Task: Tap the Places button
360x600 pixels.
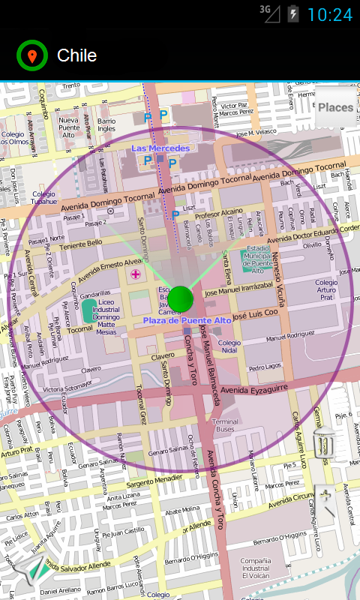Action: click(x=335, y=107)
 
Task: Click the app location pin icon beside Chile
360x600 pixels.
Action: click(x=32, y=55)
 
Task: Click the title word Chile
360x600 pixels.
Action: click(x=76, y=55)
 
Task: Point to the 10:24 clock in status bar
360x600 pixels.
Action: click(x=329, y=14)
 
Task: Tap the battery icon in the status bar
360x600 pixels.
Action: click(x=292, y=14)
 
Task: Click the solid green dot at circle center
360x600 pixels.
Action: click(x=181, y=298)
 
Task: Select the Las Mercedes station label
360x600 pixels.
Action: click(x=160, y=148)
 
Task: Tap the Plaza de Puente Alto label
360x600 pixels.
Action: click(x=187, y=320)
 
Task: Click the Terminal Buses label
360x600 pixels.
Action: click(x=226, y=425)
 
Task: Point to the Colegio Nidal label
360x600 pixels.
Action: click(x=229, y=346)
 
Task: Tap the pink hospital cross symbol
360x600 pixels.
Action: click(x=135, y=274)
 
